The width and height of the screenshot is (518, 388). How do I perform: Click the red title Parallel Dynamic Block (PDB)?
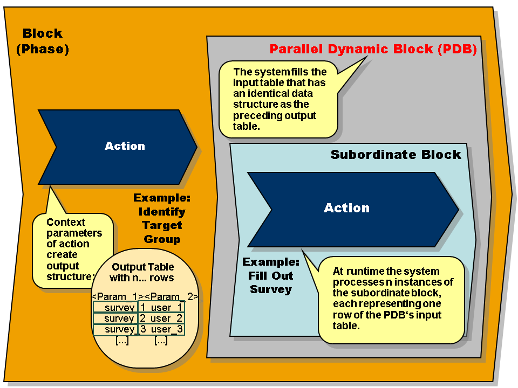pos(373,50)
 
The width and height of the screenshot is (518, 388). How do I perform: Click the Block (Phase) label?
pos(43,41)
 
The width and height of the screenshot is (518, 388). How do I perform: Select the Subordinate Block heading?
pos(396,155)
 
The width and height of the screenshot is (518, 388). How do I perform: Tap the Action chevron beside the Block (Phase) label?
pos(125,146)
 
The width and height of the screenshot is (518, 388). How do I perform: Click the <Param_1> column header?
pos(118,296)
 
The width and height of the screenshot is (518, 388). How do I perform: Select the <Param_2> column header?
pos(172,296)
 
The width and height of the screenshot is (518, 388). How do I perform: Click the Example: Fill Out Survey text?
pos(270,276)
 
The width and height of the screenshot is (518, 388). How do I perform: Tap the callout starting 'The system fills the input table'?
pos(278,99)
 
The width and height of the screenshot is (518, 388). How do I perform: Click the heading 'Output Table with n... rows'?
pos(142,272)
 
